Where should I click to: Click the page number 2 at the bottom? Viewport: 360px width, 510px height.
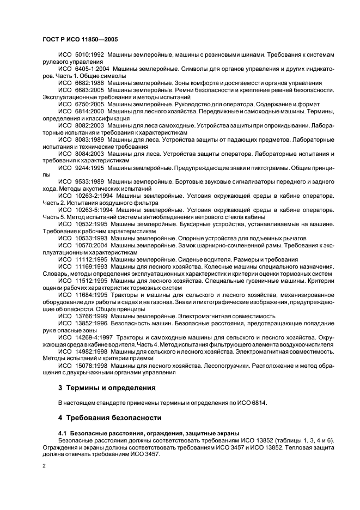click(x=44, y=467)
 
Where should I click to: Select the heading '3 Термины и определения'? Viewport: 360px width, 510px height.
click(x=106, y=388)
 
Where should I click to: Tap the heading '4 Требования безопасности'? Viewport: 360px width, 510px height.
click(x=109, y=418)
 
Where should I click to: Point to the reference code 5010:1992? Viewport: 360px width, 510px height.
click(x=89, y=55)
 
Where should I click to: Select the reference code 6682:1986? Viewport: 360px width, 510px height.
click(x=89, y=83)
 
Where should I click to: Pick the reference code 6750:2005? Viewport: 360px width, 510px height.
click(x=89, y=104)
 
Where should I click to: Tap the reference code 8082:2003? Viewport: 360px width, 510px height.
click(x=89, y=125)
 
